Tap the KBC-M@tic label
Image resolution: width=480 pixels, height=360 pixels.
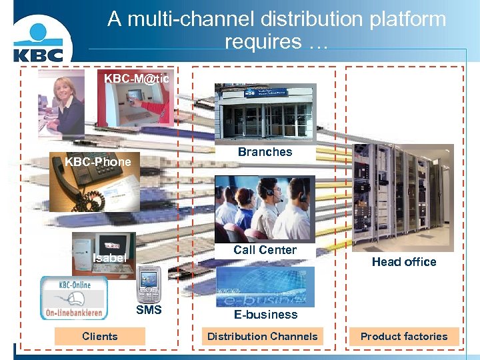(137, 79)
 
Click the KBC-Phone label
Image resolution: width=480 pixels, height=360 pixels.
(97, 162)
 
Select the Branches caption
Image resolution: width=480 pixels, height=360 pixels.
(265, 152)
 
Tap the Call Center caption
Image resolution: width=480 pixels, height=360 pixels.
(265, 250)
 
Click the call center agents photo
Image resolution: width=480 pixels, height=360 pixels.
(265, 208)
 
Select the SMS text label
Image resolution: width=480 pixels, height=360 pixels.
(149, 310)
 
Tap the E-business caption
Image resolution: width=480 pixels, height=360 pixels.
(265, 315)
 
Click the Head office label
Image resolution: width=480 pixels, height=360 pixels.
(404, 262)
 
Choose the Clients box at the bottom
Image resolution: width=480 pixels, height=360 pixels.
(99, 337)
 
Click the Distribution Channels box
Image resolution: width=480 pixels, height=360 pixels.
(263, 337)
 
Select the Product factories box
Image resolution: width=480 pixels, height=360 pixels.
(404, 337)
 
